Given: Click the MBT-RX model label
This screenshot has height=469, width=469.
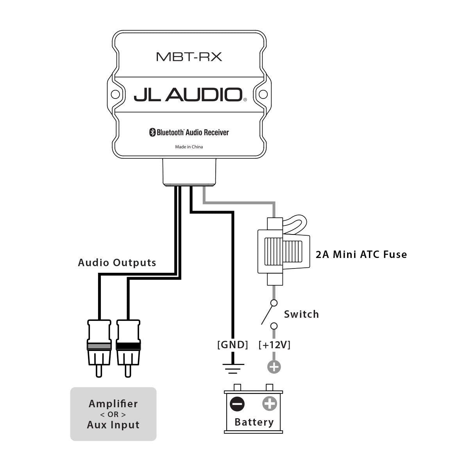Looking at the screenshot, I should [189, 57].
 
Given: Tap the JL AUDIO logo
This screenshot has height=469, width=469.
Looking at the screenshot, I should [188, 95].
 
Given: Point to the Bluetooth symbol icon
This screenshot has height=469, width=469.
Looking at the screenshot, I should [152, 132].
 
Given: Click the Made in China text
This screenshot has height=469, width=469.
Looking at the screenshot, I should [189, 147].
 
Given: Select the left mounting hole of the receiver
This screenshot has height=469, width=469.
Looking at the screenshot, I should [115, 95].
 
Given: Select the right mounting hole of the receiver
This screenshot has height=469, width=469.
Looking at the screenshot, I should [263, 95].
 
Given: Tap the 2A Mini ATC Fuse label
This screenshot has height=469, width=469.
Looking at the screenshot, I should [361, 254].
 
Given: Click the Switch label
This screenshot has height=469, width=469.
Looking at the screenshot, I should [301, 314].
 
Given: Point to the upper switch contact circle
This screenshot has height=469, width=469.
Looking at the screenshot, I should [274, 303].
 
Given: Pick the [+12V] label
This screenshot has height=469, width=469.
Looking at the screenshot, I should [274, 345].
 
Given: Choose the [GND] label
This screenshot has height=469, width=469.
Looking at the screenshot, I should [233, 345].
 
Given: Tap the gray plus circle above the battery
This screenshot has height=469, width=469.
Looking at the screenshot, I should [274, 367].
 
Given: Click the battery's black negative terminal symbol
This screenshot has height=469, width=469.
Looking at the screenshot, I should [237, 404].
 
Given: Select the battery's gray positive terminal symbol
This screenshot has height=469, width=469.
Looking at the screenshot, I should [269, 404].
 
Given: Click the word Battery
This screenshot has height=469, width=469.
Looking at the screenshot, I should [254, 422].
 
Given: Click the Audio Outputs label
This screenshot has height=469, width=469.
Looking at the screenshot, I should [117, 263].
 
